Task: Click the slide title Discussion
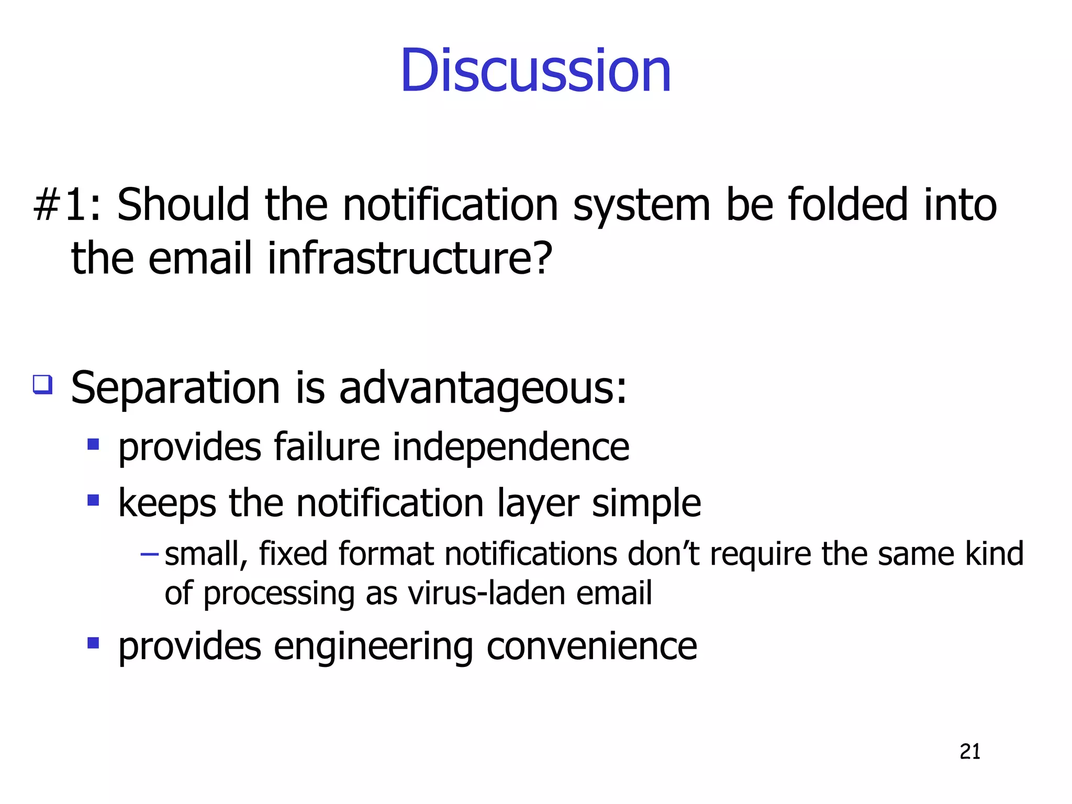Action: pos(535,71)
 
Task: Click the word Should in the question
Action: pos(183,205)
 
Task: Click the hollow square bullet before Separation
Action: pos(43,385)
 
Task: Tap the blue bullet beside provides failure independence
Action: pos(93,445)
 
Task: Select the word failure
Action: pos(327,447)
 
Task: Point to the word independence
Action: pos(511,447)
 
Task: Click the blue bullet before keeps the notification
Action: pos(93,500)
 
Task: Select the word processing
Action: pos(279,594)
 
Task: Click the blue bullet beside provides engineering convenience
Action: pos(93,643)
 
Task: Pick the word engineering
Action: pos(373,647)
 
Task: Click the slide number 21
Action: pos(970,752)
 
